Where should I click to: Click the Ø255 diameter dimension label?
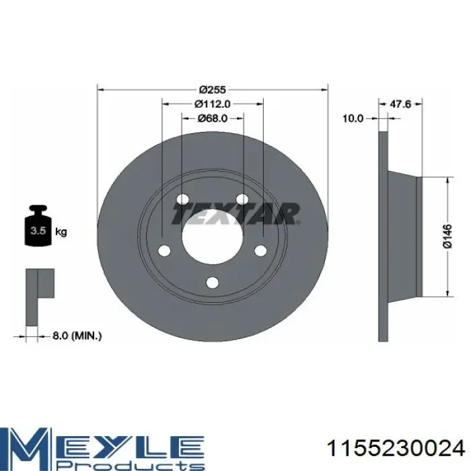(x=213, y=89)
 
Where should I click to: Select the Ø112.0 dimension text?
(x=213, y=104)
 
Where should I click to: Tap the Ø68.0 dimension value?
(x=213, y=118)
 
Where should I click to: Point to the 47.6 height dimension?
(x=400, y=104)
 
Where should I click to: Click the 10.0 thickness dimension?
(x=353, y=118)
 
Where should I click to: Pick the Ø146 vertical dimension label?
(x=447, y=236)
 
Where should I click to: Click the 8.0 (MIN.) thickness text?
(x=77, y=336)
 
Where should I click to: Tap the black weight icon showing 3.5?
(x=38, y=225)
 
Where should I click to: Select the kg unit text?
(x=61, y=232)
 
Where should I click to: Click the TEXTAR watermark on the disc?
(x=235, y=213)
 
